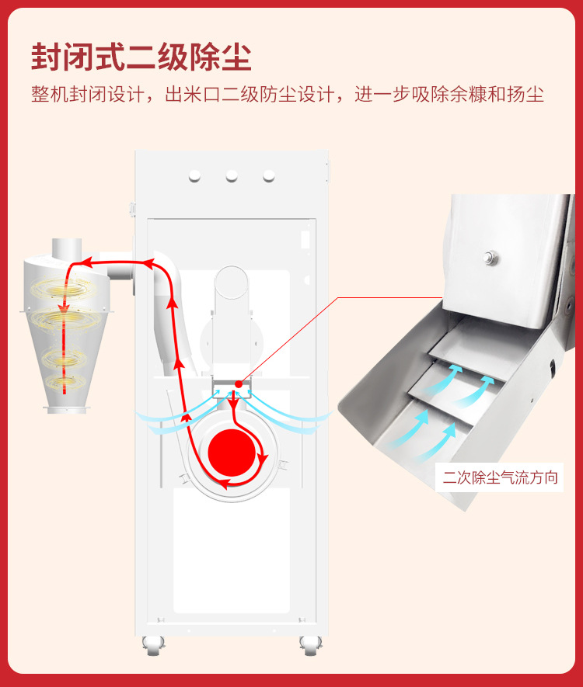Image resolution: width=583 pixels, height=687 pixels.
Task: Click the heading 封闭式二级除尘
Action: coord(141,57)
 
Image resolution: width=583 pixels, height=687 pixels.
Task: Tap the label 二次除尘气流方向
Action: coord(500,477)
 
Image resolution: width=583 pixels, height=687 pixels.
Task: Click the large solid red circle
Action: coord(231,453)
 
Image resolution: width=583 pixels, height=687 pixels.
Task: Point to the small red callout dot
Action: coord(238,384)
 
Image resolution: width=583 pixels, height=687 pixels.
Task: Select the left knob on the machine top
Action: coord(195,176)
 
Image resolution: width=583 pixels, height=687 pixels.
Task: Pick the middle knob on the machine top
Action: coord(232,176)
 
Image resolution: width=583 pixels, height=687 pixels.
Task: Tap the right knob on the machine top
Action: coord(269,176)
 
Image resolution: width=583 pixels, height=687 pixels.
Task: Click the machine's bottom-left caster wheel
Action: coord(153,646)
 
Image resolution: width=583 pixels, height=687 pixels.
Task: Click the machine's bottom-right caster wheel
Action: coord(311,646)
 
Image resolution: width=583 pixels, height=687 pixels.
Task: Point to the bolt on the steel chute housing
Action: coord(490,257)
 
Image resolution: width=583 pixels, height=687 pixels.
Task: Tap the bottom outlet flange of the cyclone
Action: coord(67,410)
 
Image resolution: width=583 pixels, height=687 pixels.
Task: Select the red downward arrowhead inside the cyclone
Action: coord(64,306)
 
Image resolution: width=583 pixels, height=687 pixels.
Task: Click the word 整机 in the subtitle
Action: coord(50,94)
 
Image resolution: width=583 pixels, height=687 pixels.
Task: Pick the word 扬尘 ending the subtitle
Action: coord(525,94)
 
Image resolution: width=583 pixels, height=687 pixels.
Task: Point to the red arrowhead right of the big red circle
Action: coord(262,460)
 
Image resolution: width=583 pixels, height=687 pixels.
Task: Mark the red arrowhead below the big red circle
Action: coord(224,484)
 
